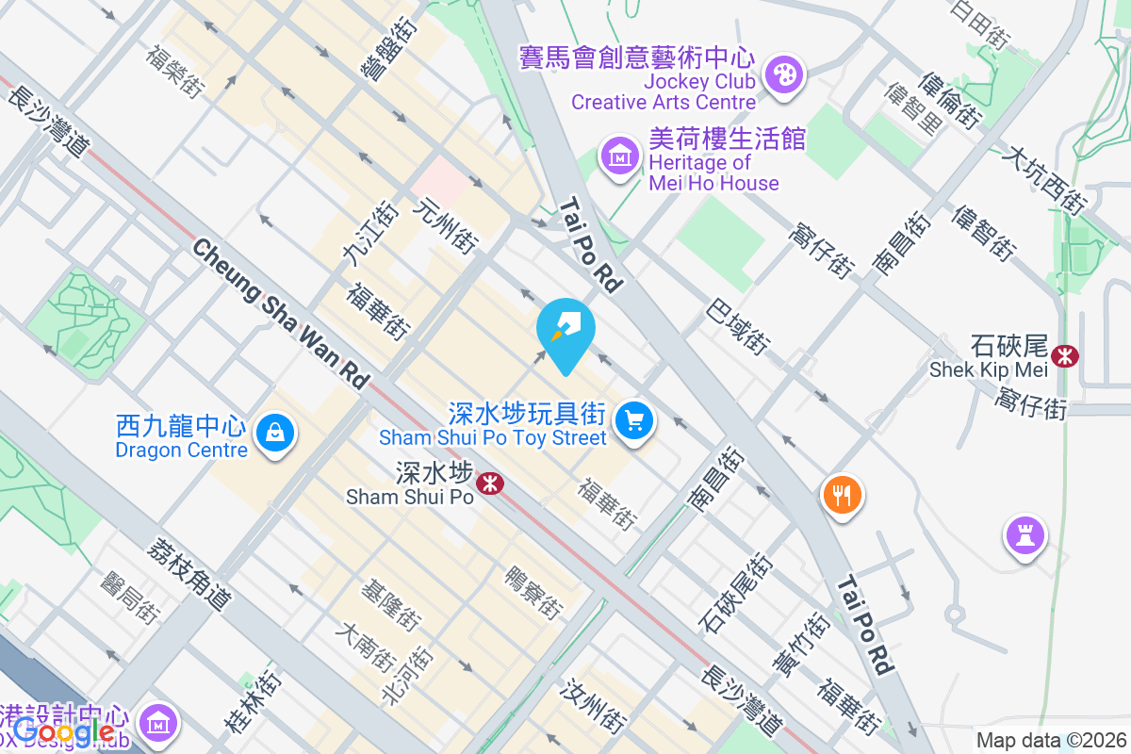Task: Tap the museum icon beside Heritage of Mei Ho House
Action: pyautogui.click(x=620, y=156)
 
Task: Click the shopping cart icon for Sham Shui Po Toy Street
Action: pyautogui.click(x=634, y=419)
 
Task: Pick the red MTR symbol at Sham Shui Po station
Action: pyautogui.click(x=490, y=484)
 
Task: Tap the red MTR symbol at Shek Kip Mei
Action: pyautogui.click(x=1066, y=356)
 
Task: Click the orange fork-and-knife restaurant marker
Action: pyautogui.click(x=843, y=494)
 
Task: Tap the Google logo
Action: pyautogui.click(x=64, y=730)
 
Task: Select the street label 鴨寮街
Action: pyautogui.click(x=533, y=592)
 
